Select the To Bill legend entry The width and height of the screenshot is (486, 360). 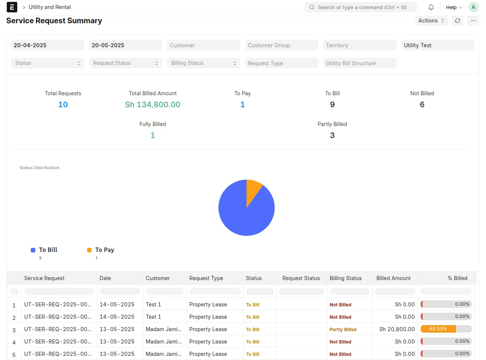click(x=44, y=250)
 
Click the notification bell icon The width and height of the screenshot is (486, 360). click(x=431, y=7)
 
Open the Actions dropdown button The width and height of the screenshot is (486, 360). click(x=431, y=21)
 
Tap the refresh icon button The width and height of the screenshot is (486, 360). click(x=457, y=21)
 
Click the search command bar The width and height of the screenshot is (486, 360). click(x=360, y=7)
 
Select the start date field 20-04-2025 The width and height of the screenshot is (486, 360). click(x=48, y=45)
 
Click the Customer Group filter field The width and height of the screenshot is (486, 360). click(x=281, y=45)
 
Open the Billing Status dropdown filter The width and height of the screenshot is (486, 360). click(x=203, y=63)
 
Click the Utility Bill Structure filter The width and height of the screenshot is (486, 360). click(x=360, y=63)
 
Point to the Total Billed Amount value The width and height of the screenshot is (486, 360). click(x=153, y=105)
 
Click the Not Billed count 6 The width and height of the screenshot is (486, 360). click(x=422, y=105)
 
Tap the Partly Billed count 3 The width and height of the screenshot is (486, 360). click(x=332, y=135)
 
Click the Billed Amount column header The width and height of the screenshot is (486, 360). click(x=393, y=278)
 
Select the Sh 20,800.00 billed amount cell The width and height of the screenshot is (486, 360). click(x=397, y=329)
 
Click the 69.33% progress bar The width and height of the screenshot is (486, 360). click(x=446, y=329)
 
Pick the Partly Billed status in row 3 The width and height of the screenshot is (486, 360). click(x=343, y=329)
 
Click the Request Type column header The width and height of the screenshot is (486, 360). click(x=206, y=278)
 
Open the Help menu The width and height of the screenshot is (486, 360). click(x=454, y=7)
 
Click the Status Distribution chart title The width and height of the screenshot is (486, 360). click(x=39, y=168)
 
